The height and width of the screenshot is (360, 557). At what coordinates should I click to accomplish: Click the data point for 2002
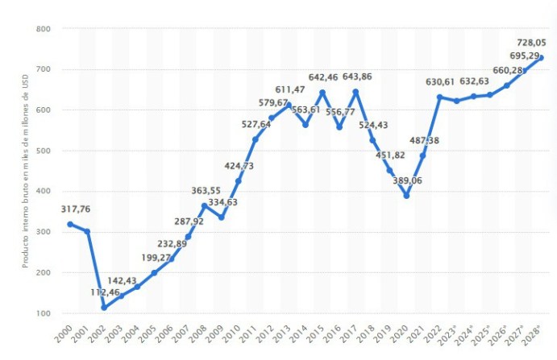pyautogui.click(x=104, y=308)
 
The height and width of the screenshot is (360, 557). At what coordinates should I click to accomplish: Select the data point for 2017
pyautogui.click(x=355, y=91)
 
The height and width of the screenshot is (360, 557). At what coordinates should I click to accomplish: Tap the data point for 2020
pyautogui.click(x=406, y=196)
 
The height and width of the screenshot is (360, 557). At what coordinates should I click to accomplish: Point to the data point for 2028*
pyautogui.click(x=541, y=57)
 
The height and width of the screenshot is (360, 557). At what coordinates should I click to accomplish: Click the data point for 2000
pyautogui.click(x=70, y=224)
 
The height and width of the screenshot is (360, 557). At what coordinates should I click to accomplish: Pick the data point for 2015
pyautogui.click(x=322, y=92)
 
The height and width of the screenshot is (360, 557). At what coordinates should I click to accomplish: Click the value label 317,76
pyautogui.click(x=75, y=209)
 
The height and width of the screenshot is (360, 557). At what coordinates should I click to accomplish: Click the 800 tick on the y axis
pyautogui.click(x=44, y=29)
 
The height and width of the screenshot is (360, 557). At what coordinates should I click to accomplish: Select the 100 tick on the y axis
pyautogui.click(x=44, y=313)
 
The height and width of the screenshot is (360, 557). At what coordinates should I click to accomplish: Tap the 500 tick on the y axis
pyautogui.click(x=44, y=151)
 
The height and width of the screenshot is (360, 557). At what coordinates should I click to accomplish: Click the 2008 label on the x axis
pyautogui.click(x=202, y=334)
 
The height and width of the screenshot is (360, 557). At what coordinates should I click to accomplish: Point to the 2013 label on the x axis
pyautogui.click(x=285, y=334)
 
